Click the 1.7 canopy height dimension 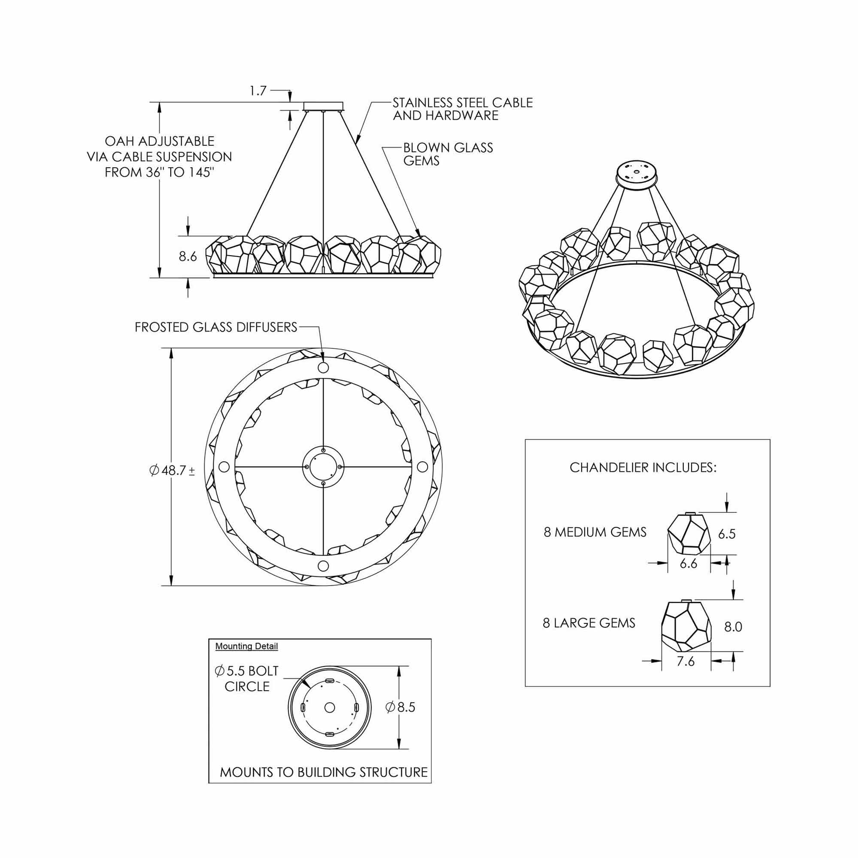coord(258,91)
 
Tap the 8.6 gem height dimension coord(188,256)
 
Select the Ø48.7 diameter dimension coord(172,471)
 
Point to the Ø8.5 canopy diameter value coord(401,707)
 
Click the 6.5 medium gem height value coord(727,534)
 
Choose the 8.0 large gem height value coord(733,627)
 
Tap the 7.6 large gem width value coord(686,661)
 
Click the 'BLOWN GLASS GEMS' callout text coord(448,154)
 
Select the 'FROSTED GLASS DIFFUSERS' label coord(216,327)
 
